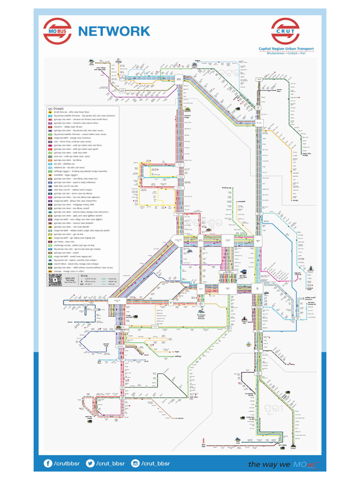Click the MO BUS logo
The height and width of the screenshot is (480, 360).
58,31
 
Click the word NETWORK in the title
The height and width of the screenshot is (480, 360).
114,31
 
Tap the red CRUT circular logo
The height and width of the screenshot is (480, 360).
285,31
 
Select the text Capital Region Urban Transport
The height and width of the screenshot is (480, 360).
286,49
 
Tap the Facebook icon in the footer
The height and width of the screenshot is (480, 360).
48,464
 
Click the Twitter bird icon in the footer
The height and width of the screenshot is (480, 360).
90,464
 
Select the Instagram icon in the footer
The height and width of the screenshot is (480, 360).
135,464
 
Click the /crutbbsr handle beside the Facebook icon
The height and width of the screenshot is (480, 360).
67,464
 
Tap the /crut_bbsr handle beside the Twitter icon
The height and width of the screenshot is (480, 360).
111,464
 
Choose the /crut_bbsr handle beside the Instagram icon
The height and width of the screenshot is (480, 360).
156,464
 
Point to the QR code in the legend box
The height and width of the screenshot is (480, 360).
55,280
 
